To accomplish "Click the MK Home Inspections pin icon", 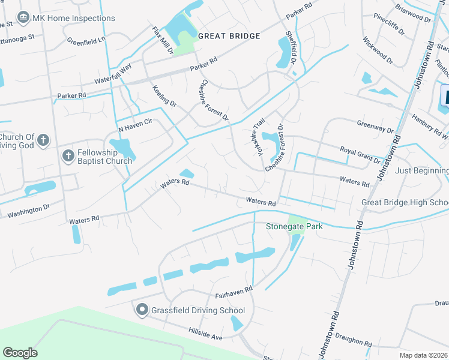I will pyautogui.click(x=23, y=18).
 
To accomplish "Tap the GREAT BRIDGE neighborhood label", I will pyautogui.click(x=229, y=36).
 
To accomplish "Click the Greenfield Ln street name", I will pyautogui.click(x=86, y=41).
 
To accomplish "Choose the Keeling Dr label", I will pyautogui.click(x=164, y=96).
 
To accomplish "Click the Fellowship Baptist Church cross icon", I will pyautogui.click(x=68, y=156).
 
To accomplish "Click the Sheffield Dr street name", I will pyautogui.click(x=291, y=49).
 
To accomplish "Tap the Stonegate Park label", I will pyautogui.click(x=294, y=226).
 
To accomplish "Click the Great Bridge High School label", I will pyautogui.click(x=405, y=202).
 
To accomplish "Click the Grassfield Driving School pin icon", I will pyautogui.click(x=142, y=310).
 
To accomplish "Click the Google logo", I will pyautogui.click(x=20, y=353).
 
